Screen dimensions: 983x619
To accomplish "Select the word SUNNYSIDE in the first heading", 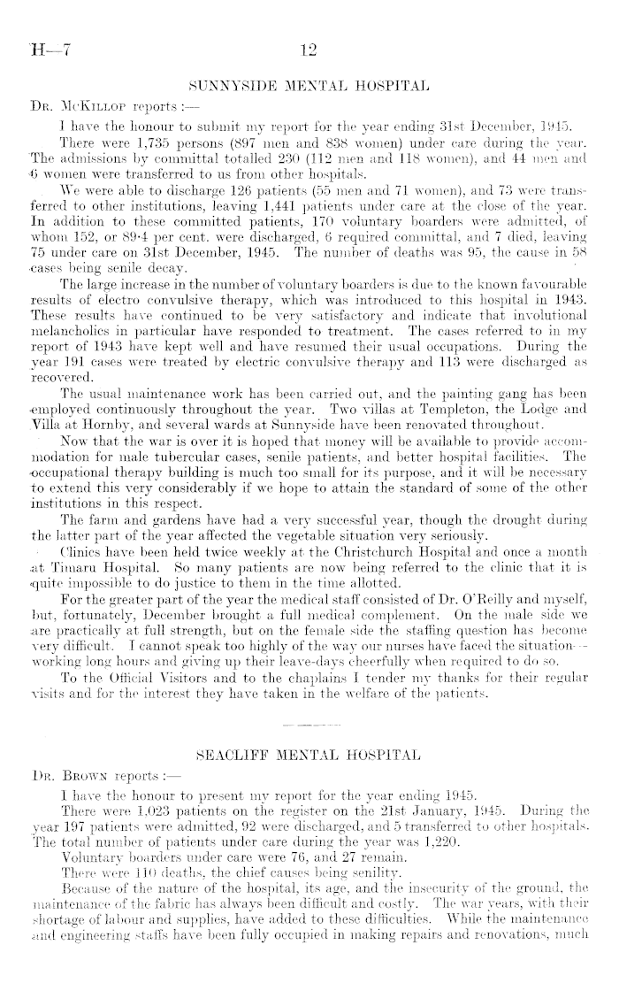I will coord(232,87).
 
